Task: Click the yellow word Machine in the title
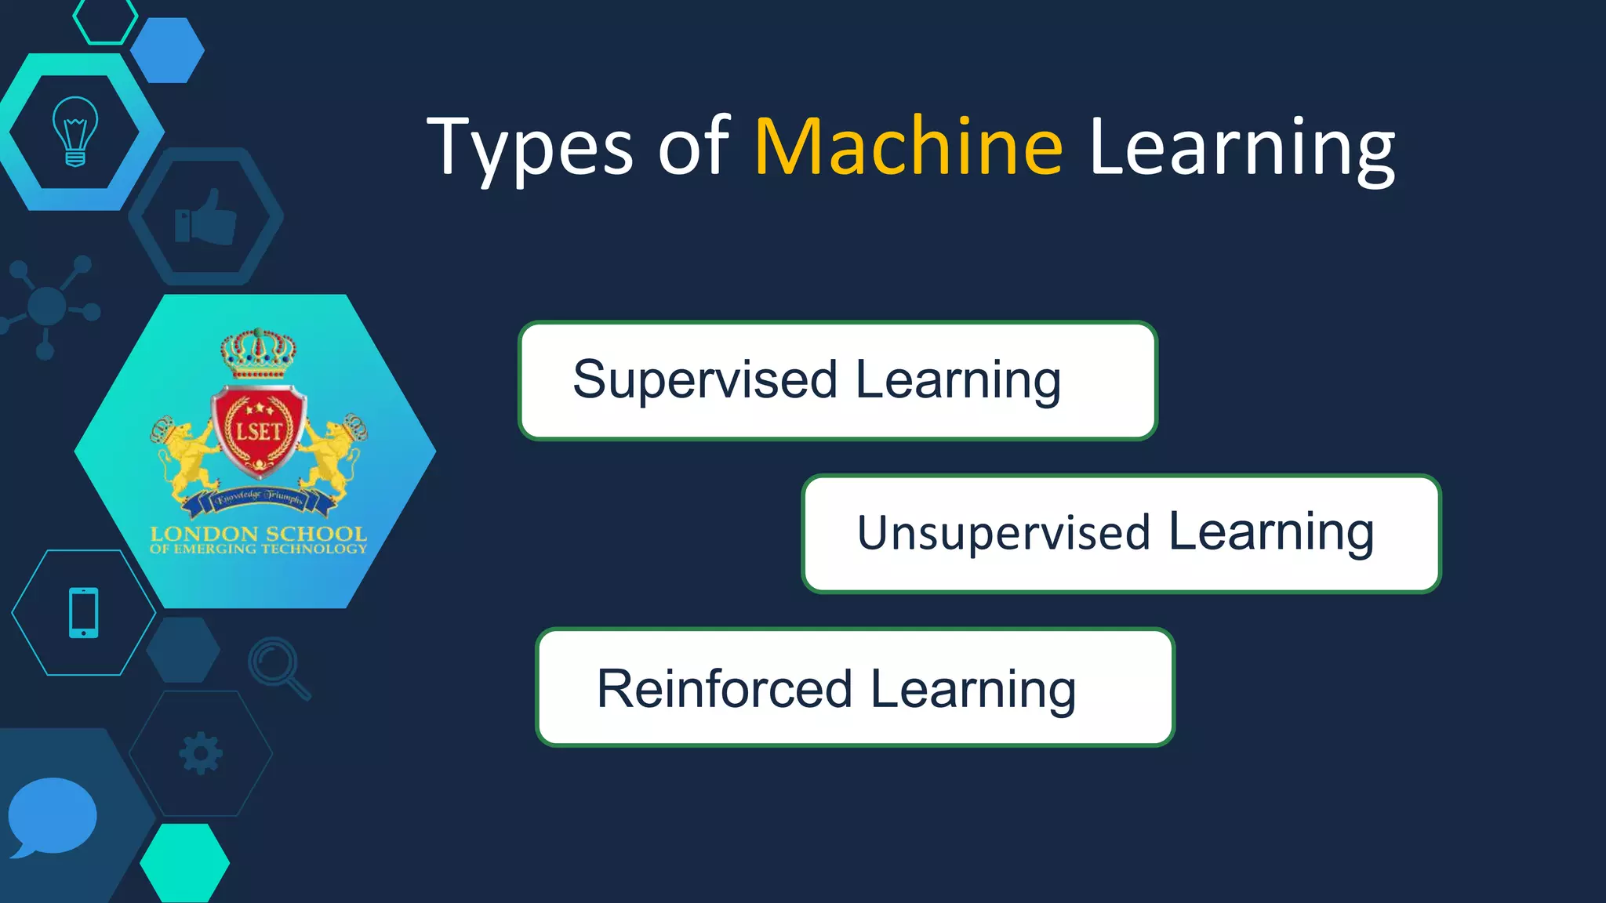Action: tap(908, 147)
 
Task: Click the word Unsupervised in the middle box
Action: tap(1003, 534)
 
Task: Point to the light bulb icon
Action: tap(75, 131)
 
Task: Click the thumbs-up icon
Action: tap(205, 217)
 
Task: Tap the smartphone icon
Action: tap(84, 612)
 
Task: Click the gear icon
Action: tap(201, 753)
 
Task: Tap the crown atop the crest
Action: tap(258, 354)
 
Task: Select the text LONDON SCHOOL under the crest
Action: tap(258, 535)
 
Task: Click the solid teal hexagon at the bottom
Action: tap(185, 862)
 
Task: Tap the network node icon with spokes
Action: tap(48, 306)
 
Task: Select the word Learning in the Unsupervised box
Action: tap(1270, 533)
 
